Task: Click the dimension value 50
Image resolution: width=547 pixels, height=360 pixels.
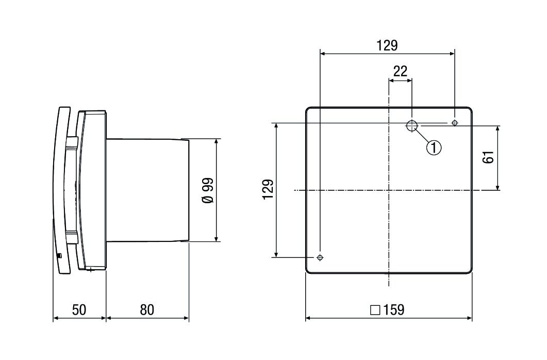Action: coord(79,309)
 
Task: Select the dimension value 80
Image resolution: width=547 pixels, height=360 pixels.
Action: coord(147,309)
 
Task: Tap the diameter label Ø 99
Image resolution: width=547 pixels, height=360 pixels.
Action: coord(207,190)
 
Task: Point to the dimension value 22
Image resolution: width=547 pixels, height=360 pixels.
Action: coord(400,71)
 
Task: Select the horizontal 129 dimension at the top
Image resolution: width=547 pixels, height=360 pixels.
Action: coord(387,45)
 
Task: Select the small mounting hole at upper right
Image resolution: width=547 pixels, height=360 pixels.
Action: coord(454,123)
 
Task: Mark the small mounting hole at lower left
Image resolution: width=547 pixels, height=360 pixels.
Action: coord(320,257)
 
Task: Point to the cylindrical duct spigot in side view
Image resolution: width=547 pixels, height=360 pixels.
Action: coord(147,190)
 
